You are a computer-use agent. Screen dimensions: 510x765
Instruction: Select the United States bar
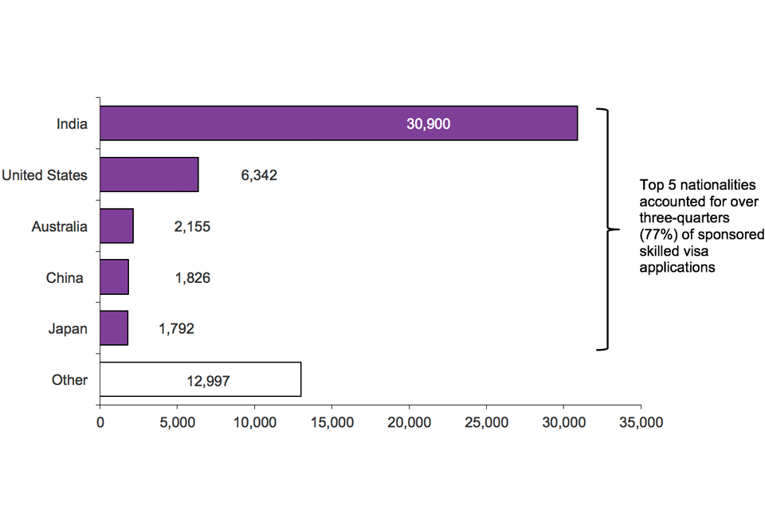(149, 175)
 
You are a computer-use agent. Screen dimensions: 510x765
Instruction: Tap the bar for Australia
(116, 226)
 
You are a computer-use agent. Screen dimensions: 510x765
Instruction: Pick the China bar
(114, 278)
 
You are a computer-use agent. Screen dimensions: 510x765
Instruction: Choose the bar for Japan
(114, 328)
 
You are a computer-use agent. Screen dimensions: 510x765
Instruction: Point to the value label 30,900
(428, 124)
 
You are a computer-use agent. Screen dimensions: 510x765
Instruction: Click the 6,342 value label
(259, 175)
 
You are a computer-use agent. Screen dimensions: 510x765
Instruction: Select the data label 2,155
(192, 227)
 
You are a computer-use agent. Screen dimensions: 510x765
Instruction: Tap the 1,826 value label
(192, 278)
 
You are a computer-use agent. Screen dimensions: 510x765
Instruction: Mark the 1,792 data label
(175, 328)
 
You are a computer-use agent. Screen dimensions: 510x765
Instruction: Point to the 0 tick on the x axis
(100, 424)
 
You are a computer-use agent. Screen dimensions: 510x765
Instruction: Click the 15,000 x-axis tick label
(331, 424)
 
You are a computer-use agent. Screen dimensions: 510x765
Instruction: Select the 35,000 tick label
(641, 424)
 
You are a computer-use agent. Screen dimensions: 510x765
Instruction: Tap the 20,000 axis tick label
(409, 424)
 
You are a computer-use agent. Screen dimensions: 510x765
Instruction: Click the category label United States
(45, 175)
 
